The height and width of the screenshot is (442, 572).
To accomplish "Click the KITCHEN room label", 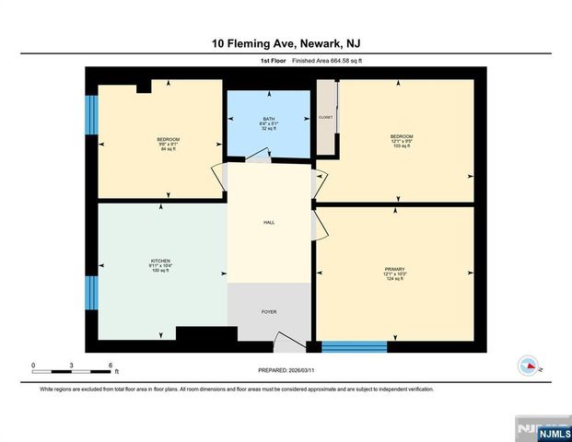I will [x=161, y=261].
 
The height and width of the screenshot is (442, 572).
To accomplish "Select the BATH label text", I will [x=269, y=119].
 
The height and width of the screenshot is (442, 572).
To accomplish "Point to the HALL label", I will [x=269, y=222].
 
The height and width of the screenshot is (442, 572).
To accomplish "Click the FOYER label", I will [x=269, y=312].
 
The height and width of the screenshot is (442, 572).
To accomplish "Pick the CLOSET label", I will [x=326, y=118].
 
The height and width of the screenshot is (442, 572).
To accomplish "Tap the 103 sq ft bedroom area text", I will [x=402, y=146].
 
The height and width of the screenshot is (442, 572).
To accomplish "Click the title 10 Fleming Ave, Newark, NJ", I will [x=286, y=43].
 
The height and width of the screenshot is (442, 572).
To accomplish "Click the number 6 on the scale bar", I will [x=111, y=366].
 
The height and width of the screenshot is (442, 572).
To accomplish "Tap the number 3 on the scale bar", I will [x=72, y=366].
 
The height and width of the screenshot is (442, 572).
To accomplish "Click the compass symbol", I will [x=528, y=365].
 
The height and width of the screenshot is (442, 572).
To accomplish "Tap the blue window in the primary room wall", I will [x=354, y=346].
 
